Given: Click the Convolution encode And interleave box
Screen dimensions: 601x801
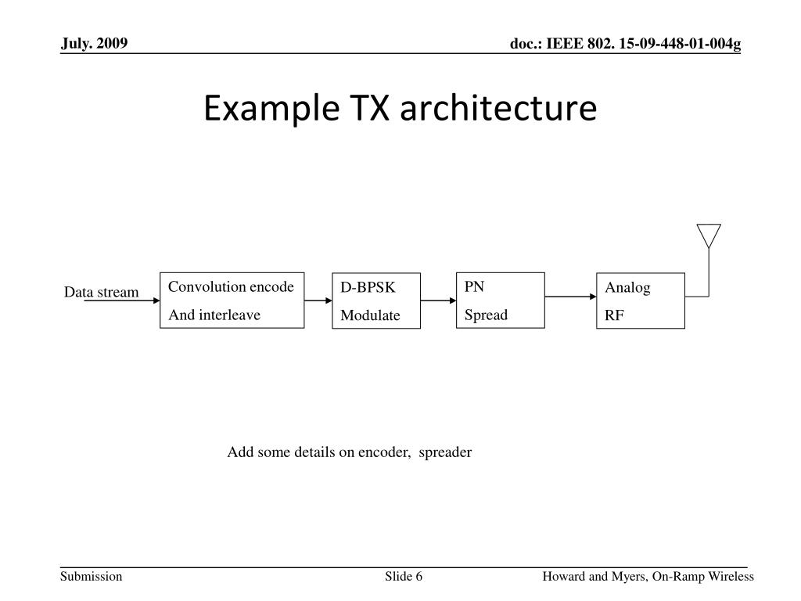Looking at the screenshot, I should coord(232,300).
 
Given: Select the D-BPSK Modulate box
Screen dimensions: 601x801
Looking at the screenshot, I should coord(375,301).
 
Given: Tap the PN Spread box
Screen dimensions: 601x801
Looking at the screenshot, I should coord(500,300).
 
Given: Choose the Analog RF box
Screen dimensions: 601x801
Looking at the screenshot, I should coord(640,300).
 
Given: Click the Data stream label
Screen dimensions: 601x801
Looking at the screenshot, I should coord(101,293).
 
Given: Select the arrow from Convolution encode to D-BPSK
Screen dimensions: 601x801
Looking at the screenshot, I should coord(318,300).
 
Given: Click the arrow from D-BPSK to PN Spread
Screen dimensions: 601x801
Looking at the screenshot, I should coord(439,300).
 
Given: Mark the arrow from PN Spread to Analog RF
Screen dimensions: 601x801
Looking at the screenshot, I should coord(570,297).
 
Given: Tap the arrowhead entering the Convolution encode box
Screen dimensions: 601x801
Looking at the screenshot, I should coord(155,300).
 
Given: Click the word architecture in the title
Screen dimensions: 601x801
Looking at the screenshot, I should coord(498,109).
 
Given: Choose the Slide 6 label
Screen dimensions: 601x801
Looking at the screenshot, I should coord(404,577).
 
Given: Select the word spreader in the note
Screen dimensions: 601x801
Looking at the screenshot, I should coord(445,452).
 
